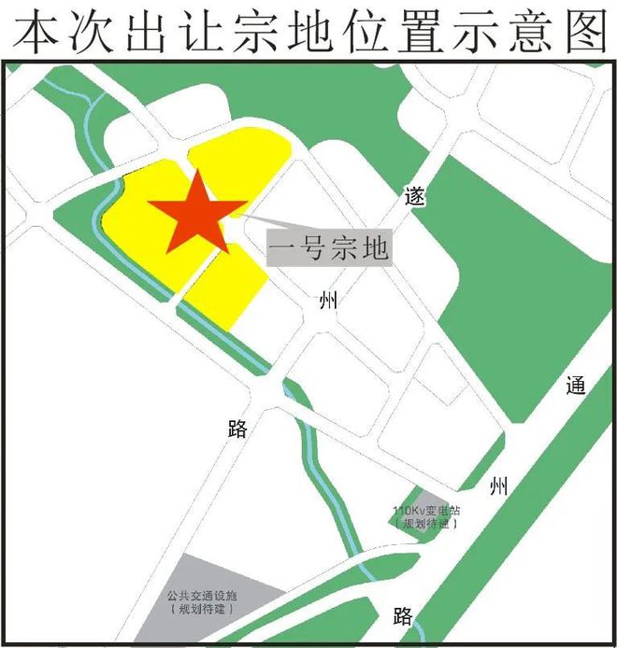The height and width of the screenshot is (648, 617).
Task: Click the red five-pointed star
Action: click(x=197, y=214)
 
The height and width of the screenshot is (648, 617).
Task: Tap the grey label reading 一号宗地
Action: click(x=328, y=248)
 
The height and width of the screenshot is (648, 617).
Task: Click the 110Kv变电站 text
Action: click(x=428, y=511)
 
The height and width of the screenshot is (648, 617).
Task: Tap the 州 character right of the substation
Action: click(x=499, y=486)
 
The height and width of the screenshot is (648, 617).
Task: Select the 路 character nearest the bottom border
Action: click(x=403, y=616)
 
